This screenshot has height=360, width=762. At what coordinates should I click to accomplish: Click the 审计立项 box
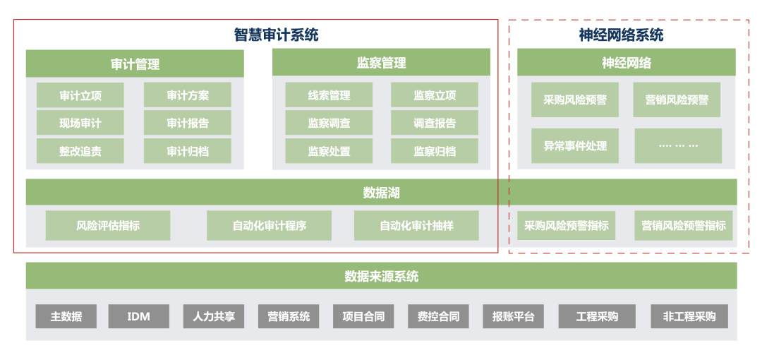tap(80, 95)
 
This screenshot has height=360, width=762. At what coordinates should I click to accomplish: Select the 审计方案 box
tap(187, 95)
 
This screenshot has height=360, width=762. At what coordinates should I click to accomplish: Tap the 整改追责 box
tap(80, 151)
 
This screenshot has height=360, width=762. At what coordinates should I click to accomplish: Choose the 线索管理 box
tap(329, 95)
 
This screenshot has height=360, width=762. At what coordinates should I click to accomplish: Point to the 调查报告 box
tap(434, 123)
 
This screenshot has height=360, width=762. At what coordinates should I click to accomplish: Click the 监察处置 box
tap(329, 151)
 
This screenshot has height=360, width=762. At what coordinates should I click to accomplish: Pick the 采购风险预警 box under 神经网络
tap(575, 100)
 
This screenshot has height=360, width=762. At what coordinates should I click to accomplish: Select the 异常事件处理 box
tap(575, 146)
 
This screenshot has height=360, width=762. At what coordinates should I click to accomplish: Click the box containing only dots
tap(678, 146)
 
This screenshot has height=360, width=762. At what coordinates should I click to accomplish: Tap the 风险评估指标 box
tap(108, 226)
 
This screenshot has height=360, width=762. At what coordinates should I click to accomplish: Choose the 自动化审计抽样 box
tap(416, 226)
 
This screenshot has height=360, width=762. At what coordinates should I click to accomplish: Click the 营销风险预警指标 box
tap(683, 226)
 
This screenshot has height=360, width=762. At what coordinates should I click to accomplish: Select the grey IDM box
tap(138, 316)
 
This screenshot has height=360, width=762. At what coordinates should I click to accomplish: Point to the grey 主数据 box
tap(66, 316)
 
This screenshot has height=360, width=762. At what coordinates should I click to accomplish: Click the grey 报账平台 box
tap(513, 316)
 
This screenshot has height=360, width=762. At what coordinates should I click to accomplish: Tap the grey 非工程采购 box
tap(689, 316)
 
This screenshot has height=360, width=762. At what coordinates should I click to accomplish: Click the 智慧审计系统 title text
tap(277, 35)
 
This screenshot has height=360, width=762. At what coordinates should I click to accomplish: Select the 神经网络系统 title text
tap(622, 35)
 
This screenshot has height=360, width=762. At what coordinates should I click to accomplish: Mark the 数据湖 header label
tap(382, 193)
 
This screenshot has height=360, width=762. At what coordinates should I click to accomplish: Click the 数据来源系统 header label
tap(382, 276)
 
